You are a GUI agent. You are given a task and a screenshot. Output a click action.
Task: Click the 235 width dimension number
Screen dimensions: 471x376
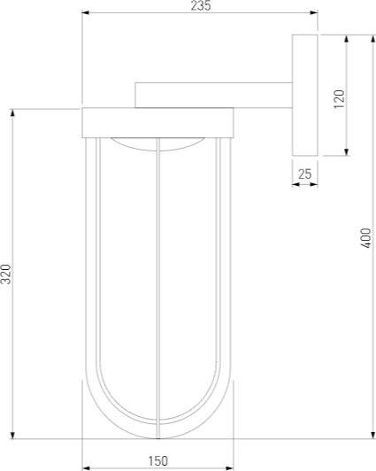pyautogui.click(x=201, y=6)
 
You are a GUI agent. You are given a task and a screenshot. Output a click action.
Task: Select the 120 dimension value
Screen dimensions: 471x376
pyautogui.click(x=339, y=97)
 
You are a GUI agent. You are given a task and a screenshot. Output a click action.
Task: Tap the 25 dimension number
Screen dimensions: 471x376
pyautogui.click(x=305, y=174)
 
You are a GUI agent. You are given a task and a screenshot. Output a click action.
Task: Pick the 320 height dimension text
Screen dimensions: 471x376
pyautogui.click(x=6, y=274)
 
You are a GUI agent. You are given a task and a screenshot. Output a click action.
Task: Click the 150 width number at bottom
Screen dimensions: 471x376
pyautogui.click(x=157, y=460)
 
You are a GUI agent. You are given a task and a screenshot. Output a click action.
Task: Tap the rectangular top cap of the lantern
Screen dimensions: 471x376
pyautogui.click(x=157, y=122)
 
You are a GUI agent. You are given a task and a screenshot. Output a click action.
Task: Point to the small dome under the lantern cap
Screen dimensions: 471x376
pyautogui.click(x=157, y=143)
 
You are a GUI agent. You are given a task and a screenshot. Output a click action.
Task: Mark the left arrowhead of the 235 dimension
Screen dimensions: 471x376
pyautogui.click(x=86, y=13)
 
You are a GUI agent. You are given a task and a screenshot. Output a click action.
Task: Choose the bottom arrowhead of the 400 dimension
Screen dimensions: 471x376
pyautogui.click(x=372, y=434)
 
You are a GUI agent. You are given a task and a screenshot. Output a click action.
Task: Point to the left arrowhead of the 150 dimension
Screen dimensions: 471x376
pyautogui.click(x=86, y=467)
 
